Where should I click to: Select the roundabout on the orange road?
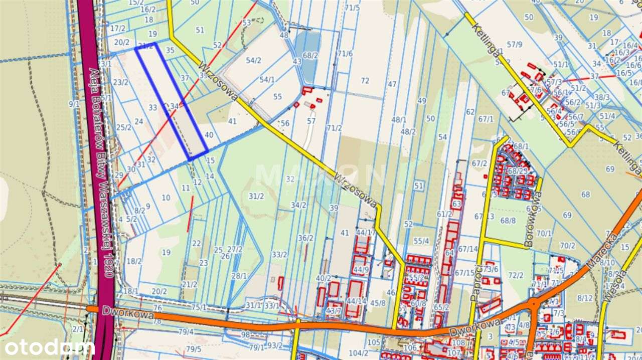(534, 303)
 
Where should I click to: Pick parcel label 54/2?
(253, 61)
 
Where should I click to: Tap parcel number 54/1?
(267, 79)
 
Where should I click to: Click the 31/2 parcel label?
(256, 196)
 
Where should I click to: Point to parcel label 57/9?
(514, 45)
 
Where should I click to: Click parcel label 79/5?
(194, 349)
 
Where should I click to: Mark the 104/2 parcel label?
(359, 353)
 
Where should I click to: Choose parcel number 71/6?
(345, 53)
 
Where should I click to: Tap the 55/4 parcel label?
(421, 241)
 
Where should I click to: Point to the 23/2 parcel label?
(121, 82)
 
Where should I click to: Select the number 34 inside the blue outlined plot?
(175, 106)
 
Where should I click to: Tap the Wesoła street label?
(610, 286)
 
